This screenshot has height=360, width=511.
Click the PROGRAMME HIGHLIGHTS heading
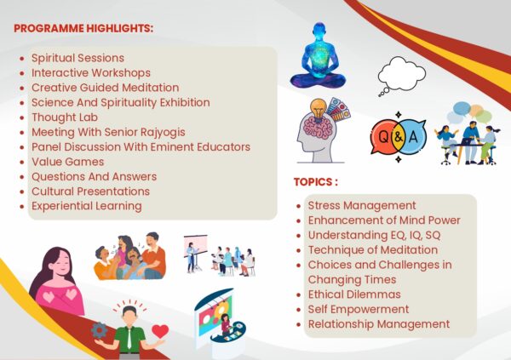(x=83, y=28)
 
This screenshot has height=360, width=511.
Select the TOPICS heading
(x=315, y=182)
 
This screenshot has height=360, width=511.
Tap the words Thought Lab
(x=65, y=117)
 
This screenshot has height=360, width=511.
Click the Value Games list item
(x=68, y=162)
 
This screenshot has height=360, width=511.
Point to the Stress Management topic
(x=362, y=206)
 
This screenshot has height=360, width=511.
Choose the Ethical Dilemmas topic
(x=354, y=294)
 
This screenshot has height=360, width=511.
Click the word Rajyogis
(x=163, y=133)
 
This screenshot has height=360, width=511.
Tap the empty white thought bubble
(x=401, y=74)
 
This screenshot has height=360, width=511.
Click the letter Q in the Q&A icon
(x=383, y=137)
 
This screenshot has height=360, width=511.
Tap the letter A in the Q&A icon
(x=413, y=137)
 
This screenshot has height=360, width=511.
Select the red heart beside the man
(x=160, y=331)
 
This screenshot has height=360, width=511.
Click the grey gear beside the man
(x=100, y=330)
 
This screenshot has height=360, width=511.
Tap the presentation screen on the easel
(x=196, y=245)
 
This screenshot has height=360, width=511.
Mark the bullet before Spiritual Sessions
(x=22, y=59)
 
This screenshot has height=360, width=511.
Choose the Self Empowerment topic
(x=359, y=310)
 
